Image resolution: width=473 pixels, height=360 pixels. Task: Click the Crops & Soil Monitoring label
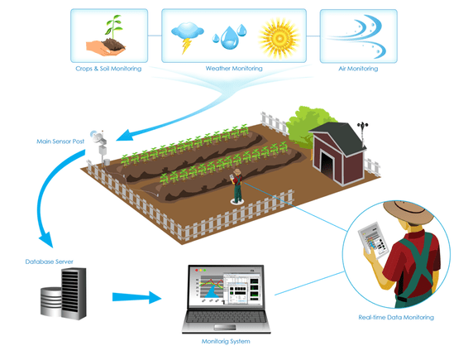[x=108, y=69]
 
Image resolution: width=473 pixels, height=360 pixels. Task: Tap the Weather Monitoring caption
[x=234, y=68]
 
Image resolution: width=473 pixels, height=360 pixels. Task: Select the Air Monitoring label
[x=358, y=69]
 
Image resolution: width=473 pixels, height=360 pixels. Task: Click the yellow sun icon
[x=279, y=38]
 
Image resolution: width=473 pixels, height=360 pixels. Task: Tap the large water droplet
[x=230, y=38]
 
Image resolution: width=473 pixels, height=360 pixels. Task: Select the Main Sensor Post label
[x=60, y=141]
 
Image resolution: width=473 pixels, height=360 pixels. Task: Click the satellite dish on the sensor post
[x=96, y=137]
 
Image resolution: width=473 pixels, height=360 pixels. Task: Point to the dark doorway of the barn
[x=327, y=166]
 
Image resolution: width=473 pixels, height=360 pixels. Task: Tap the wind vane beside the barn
[x=362, y=133]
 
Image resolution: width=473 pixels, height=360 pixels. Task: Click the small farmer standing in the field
[x=237, y=186]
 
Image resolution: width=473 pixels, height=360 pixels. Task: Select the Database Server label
[x=49, y=262]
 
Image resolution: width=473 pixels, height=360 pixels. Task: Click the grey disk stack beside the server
[x=51, y=302]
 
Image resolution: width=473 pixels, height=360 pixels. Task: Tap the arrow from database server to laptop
[x=137, y=297]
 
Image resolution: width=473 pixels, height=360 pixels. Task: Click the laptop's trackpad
[x=225, y=327]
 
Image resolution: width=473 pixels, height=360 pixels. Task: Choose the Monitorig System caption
[x=226, y=341]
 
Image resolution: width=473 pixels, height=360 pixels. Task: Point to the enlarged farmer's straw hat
[x=408, y=212]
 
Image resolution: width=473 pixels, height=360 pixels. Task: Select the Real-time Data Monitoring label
[x=396, y=317]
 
